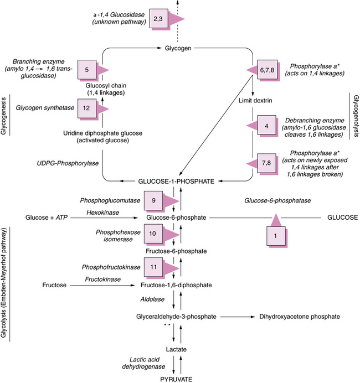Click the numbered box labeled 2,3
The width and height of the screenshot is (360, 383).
(158, 19)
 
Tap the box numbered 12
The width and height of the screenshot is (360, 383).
(86, 110)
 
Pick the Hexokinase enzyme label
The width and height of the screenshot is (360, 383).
(100, 211)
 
